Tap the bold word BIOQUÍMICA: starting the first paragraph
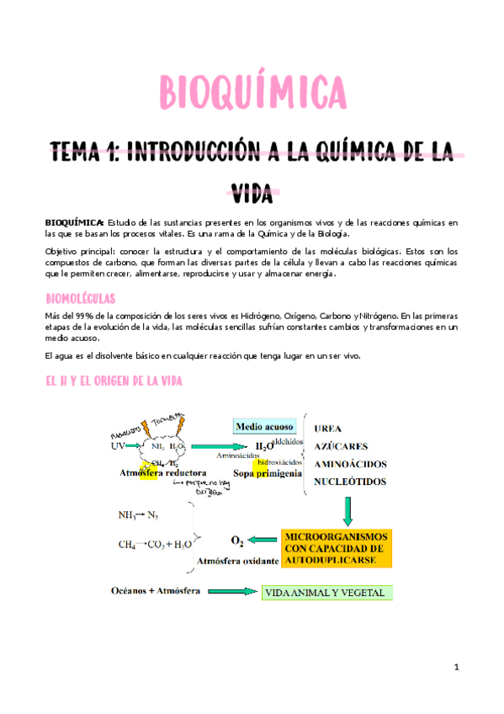pyautogui.click(x=75, y=221)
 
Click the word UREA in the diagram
pyautogui.click(x=330, y=428)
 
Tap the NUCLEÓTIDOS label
pyautogui.click(x=350, y=482)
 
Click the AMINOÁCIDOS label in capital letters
pyautogui.click(x=350, y=464)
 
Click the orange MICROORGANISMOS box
pyautogui.click(x=337, y=547)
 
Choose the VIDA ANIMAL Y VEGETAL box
pyautogui.click(x=325, y=593)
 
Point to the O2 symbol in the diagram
pyautogui.click(x=238, y=540)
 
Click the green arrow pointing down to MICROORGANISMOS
pyautogui.click(x=347, y=509)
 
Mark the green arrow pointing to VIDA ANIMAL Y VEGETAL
pyautogui.click(x=233, y=592)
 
